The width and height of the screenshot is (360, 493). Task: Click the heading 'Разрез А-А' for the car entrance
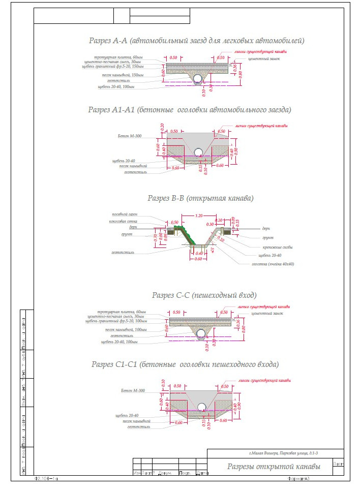click(196, 40)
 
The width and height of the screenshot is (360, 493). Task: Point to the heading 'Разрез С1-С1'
click(185, 364)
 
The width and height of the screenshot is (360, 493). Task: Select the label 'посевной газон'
click(127, 214)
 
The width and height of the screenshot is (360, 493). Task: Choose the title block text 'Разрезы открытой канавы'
click(274, 466)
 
